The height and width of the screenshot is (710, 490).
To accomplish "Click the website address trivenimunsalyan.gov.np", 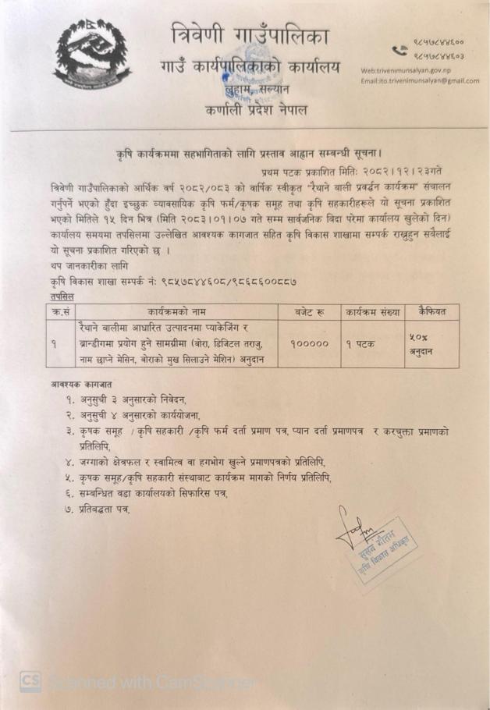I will point(407,70).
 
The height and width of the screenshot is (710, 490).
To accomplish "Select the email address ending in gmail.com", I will point(419,80).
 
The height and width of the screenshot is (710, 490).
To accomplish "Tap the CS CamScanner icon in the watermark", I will point(30,680).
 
